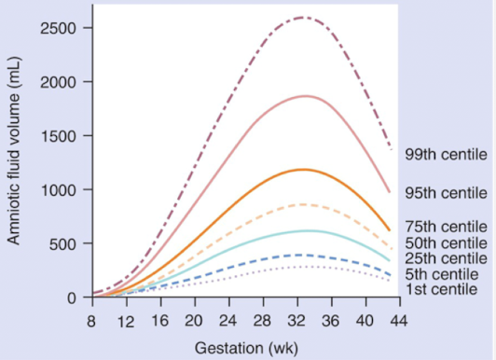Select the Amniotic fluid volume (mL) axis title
(x=15, y=160)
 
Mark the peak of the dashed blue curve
(x=300, y=255)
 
